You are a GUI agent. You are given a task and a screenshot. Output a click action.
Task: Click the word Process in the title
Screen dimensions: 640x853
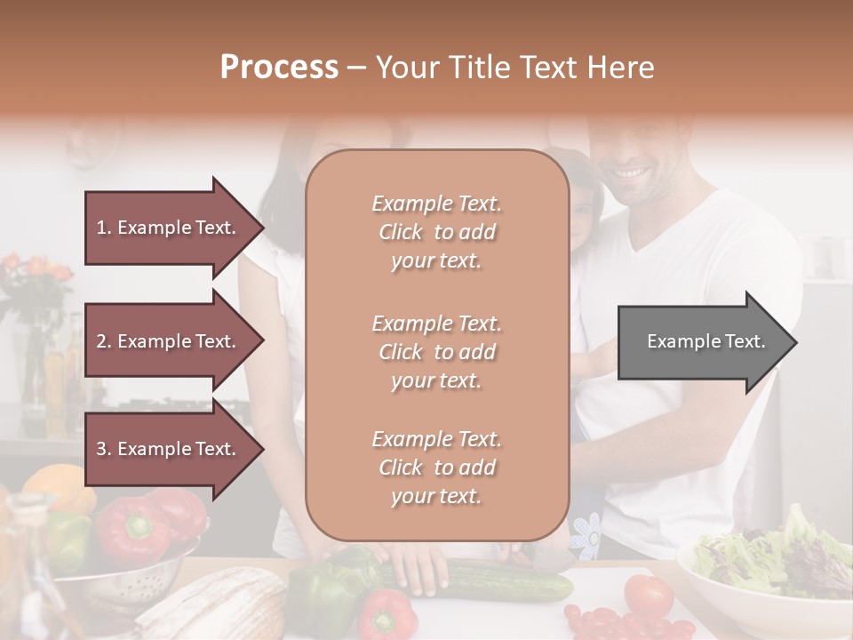[279, 68]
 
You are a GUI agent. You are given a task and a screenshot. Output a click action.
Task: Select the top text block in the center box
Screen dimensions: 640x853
[436, 232]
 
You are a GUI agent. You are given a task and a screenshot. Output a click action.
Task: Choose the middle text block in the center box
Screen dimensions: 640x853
[436, 352]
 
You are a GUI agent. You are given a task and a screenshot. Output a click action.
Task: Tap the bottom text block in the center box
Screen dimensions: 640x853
[436, 468]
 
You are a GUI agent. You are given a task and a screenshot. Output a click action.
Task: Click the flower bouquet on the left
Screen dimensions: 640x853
[36, 284]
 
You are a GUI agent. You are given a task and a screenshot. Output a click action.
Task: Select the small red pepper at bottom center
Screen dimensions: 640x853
[387, 615]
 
